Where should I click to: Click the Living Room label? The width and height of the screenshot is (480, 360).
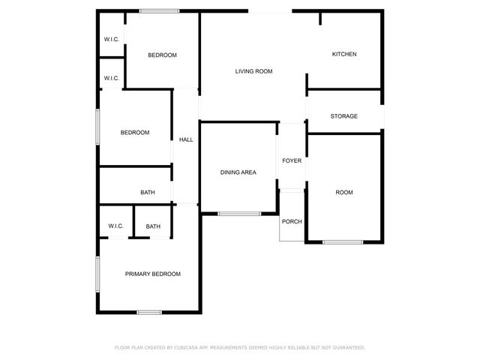pyautogui.click(x=253, y=71)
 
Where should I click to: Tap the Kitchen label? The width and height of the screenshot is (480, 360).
pyautogui.click(x=344, y=54)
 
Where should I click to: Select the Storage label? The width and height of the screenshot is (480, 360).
pyautogui.click(x=344, y=116)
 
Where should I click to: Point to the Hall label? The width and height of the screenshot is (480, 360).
pyautogui.click(x=186, y=139)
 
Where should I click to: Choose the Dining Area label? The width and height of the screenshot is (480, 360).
pyautogui.click(x=238, y=172)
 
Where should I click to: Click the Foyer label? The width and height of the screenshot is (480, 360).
pyautogui.click(x=292, y=160)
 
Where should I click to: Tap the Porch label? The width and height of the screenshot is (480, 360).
pyautogui.click(x=292, y=221)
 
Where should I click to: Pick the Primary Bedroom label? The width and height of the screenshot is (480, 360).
pyautogui.click(x=153, y=274)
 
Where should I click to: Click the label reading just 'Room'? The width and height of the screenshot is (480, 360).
pyautogui.click(x=343, y=193)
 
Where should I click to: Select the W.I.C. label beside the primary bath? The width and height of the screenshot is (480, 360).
pyautogui.click(x=115, y=226)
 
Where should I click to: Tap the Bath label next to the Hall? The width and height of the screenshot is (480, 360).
pyautogui.click(x=148, y=193)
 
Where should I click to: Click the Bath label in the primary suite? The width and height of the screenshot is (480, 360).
pyautogui.click(x=153, y=226)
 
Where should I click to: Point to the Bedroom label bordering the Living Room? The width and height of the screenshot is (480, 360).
pyautogui.click(x=162, y=55)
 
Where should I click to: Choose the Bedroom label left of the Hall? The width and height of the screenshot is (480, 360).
pyautogui.click(x=135, y=133)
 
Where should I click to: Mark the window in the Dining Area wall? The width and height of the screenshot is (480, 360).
pyautogui.click(x=239, y=214)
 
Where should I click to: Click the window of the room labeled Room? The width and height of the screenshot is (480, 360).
pyautogui.click(x=343, y=241)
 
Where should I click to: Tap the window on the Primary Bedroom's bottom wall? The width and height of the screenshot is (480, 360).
pyautogui.click(x=149, y=312)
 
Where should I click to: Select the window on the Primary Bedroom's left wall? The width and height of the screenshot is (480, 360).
pyautogui.click(x=97, y=274)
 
